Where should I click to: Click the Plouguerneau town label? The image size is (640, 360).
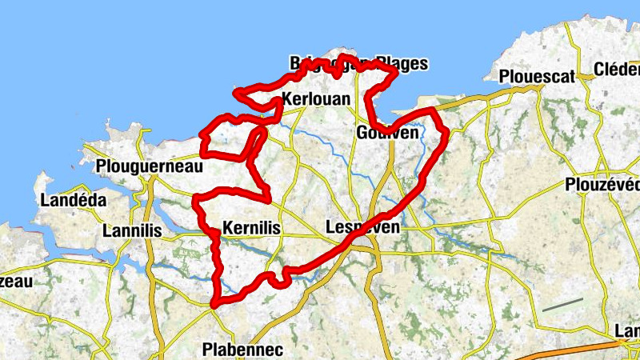point(148,166)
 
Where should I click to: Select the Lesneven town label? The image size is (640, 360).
point(363,228)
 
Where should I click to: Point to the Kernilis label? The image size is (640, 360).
point(252,228)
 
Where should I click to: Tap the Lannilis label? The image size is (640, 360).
point(133,231)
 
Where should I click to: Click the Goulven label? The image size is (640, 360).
point(388,133)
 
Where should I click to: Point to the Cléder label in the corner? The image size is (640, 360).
point(617,70)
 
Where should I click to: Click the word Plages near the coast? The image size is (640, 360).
point(402,63)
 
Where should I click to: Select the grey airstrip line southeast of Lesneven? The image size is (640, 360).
point(562,304)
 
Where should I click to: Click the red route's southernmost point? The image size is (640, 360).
point(214,304)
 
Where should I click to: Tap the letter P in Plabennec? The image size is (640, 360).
point(207,350)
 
